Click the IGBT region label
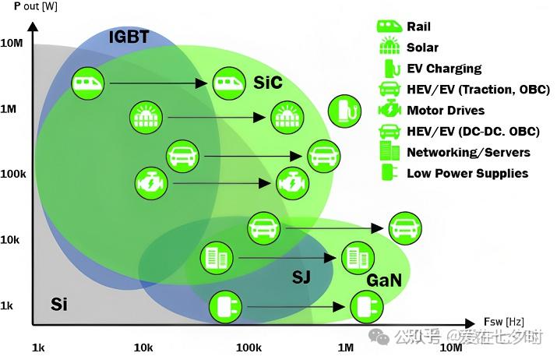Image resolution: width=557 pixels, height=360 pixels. tap(129, 37)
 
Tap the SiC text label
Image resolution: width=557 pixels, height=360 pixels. tap(267, 82)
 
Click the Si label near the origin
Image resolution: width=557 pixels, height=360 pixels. tap(58, 304)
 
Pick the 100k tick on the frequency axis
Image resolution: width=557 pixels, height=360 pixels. tap(248, 346)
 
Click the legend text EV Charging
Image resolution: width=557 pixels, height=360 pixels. tap(444, 69)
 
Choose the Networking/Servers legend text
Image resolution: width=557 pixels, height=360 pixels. tap(468, 152)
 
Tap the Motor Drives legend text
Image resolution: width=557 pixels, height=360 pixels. tap(446, 111)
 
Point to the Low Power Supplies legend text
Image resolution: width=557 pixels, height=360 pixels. tap(467, 173)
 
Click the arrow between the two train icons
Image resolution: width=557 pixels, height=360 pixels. tap(156, 83)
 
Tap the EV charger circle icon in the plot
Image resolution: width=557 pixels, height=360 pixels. tap(344, 111)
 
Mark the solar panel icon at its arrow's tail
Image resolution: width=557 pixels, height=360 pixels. tap(145, 118)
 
